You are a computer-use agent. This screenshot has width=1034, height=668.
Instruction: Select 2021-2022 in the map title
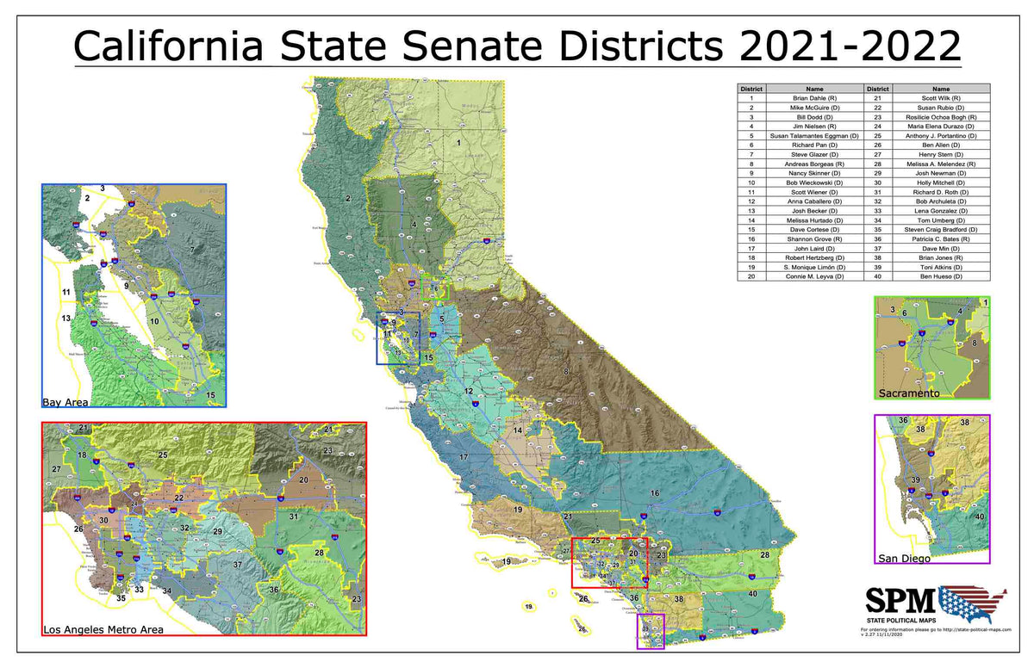850,45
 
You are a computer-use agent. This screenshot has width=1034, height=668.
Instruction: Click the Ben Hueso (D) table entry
941,276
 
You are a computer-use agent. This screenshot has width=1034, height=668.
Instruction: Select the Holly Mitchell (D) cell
941,182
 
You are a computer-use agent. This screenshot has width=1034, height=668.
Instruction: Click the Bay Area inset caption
65,401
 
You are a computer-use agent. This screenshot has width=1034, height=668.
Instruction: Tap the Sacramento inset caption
908,393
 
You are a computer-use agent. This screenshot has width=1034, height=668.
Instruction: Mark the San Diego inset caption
904,559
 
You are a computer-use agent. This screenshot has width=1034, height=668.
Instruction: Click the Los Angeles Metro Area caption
103,629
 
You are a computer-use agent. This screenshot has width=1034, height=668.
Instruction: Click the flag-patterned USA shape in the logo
972,602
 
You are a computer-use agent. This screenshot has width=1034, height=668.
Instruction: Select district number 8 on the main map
566,371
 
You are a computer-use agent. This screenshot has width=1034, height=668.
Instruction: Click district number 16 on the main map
655,492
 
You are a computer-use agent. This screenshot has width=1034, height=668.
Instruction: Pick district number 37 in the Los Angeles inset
237,565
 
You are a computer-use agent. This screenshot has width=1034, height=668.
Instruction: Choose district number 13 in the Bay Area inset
65,319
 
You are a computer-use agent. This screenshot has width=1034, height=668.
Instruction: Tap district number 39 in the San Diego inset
916,480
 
